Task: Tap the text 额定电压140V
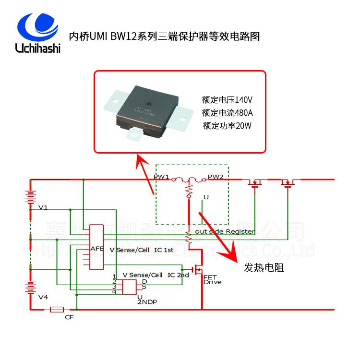pyautogui.click(x=227, y=100)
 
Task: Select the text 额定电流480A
pyautogui.click(x=227, y=113)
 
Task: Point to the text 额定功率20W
pyautogui.click(x=227, y=126)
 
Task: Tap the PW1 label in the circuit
pyautogui.click(x=161, y=178)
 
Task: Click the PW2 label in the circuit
pyautogui.click(x=216, y=178)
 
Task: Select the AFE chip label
pyautogui.click(x=97, y=249)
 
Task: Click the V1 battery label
pyautogui.click(x=43, y=208)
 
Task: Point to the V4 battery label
pyautogui.click(x=43, y=298)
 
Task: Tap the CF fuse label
pyautogui.click(x=69, y=317)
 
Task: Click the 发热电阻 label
pyautogui.click(x=264, y=267)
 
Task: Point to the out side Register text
pyautogui.click(x=225, y=231)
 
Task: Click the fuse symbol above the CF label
pyautogui.click(x=58, y=310)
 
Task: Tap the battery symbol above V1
pyautogui.click(x=31, y=197)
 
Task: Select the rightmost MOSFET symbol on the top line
pyautogui.click(x=288, y=182)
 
